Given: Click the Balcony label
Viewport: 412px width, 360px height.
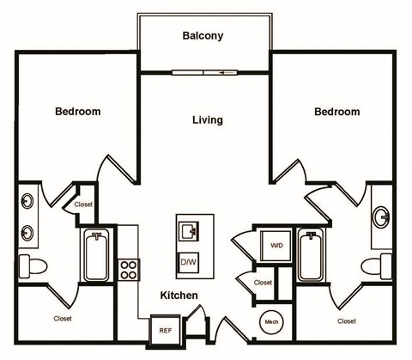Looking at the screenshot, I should pos(203,36).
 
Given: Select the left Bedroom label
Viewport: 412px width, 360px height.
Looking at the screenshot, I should pos(78,112).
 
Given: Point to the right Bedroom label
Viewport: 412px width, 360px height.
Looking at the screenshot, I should pos(336,112).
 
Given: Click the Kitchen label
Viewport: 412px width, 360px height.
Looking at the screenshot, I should pos(179,296).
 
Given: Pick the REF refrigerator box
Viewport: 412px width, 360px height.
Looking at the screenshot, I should pos(164,329).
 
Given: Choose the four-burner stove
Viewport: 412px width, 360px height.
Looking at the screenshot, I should pos(129,270).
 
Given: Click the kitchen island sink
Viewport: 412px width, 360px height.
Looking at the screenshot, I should pos(189,229).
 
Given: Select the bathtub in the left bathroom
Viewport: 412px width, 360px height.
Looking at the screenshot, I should pos(95,254).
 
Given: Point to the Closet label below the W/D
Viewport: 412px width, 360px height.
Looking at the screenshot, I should pos(263,282).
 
